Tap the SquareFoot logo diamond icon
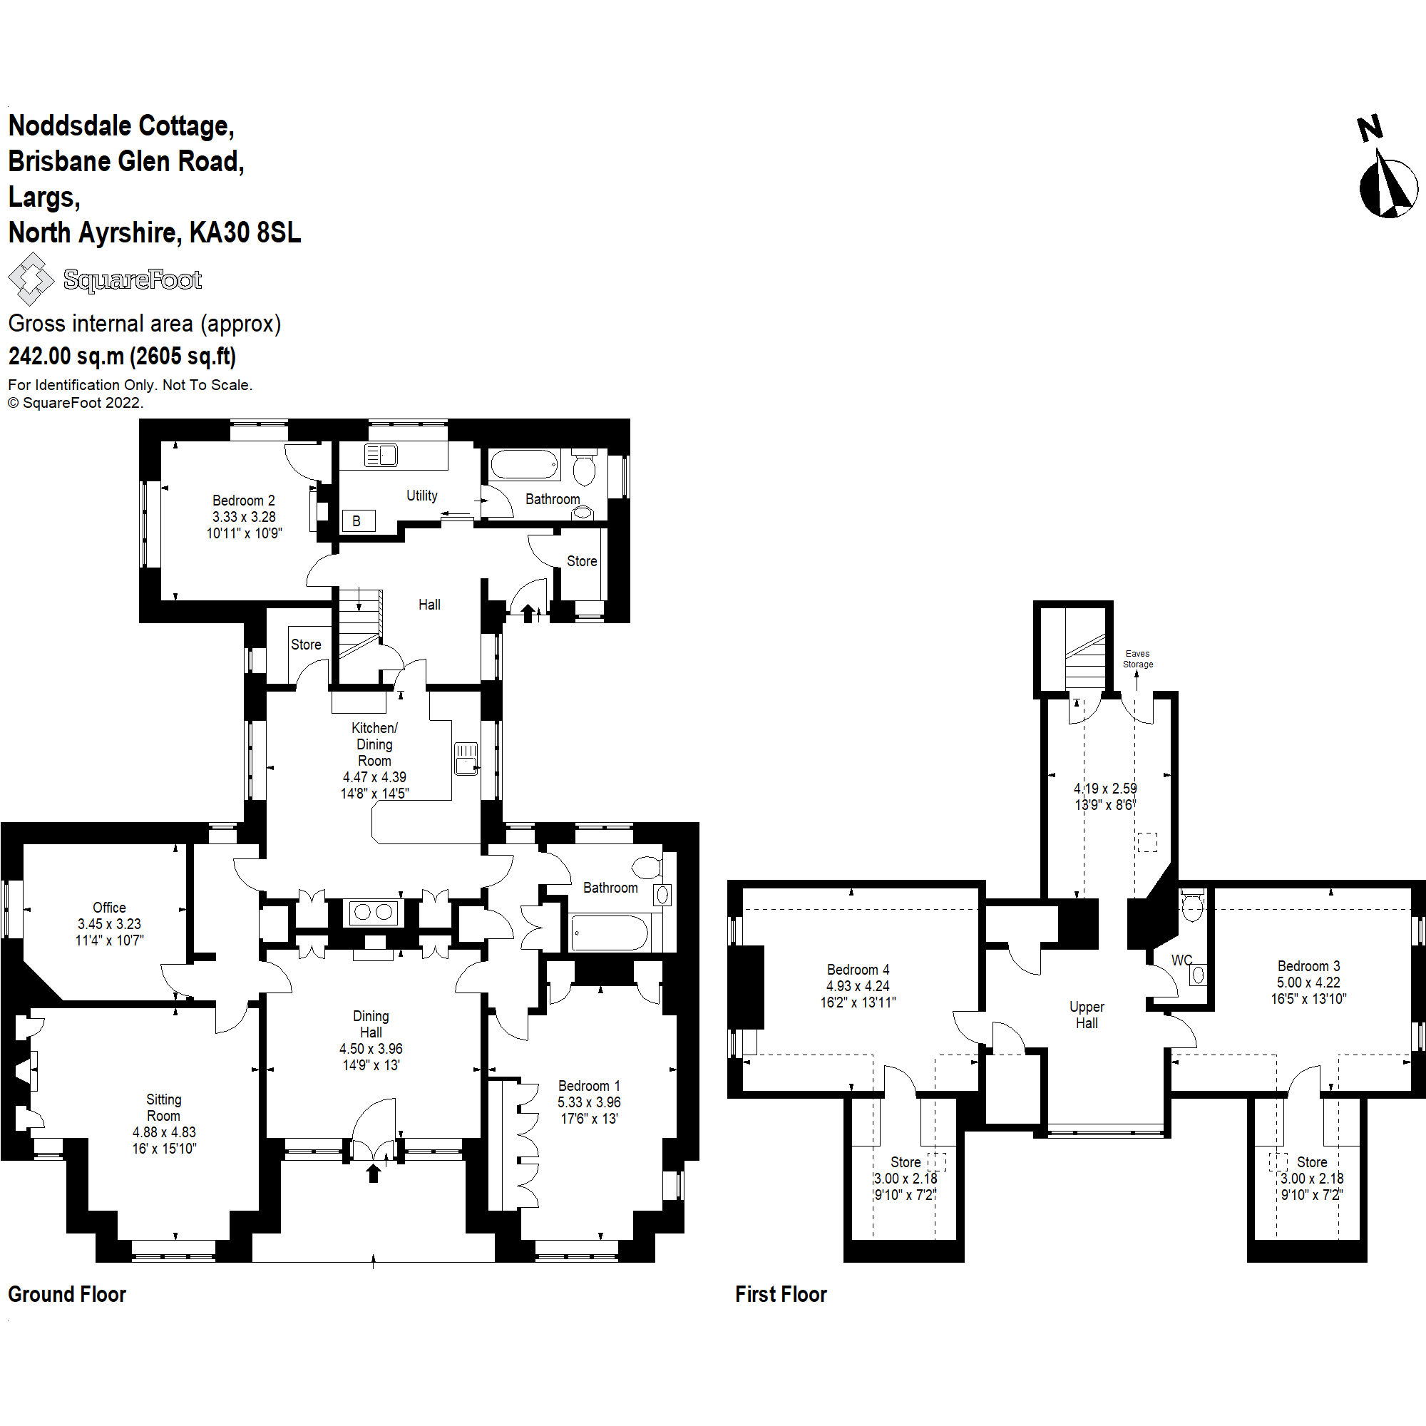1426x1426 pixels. click(x=30, y=279)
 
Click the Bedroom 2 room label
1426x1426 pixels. click(x=244, y=501)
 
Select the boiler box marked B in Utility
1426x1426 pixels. click(x=358, y=521)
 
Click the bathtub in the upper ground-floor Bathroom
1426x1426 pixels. click(x=523, y=465)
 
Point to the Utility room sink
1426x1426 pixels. click(x=381, y=455)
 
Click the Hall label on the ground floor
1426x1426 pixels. click(x=429, y=605)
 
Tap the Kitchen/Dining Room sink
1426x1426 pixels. click(x=466, y=759)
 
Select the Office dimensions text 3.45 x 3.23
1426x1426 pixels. click(x=109, y=923)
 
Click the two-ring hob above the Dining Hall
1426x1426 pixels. click(x=373, y=913)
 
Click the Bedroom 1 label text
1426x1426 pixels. click(x=589, y=1086)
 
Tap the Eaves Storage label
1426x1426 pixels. click(x=1137, y=658)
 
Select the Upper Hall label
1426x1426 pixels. click(x=1087, y=1015)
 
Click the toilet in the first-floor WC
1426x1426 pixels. click(x=1192, y=906)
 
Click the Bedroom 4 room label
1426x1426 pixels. click(x=858, y=969)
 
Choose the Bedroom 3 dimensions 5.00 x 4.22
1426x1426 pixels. click(x=1308, y=983)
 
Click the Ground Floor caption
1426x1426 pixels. click(x=67, y=1294)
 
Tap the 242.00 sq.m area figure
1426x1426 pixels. click(x=66, y=356)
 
